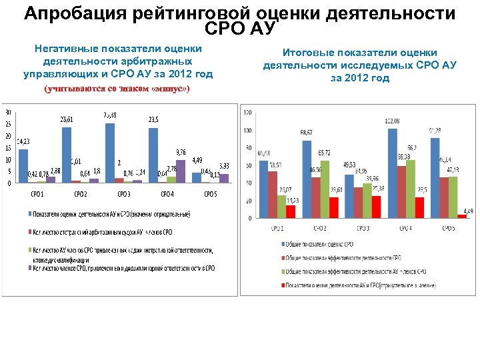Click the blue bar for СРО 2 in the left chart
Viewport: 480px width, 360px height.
tap(66, 154)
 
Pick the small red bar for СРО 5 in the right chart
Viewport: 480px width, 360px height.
tap(462, 215)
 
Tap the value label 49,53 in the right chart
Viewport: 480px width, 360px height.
tap(349, 165)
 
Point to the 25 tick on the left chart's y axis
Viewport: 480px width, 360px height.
tap(8, 124)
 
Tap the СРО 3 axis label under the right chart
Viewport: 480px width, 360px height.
tap(363, 228)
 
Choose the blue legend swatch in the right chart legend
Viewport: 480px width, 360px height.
tap(281, 245)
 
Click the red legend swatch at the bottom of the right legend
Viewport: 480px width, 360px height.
tap(281, 285)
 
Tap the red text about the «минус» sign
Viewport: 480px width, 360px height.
tap(117, 89)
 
